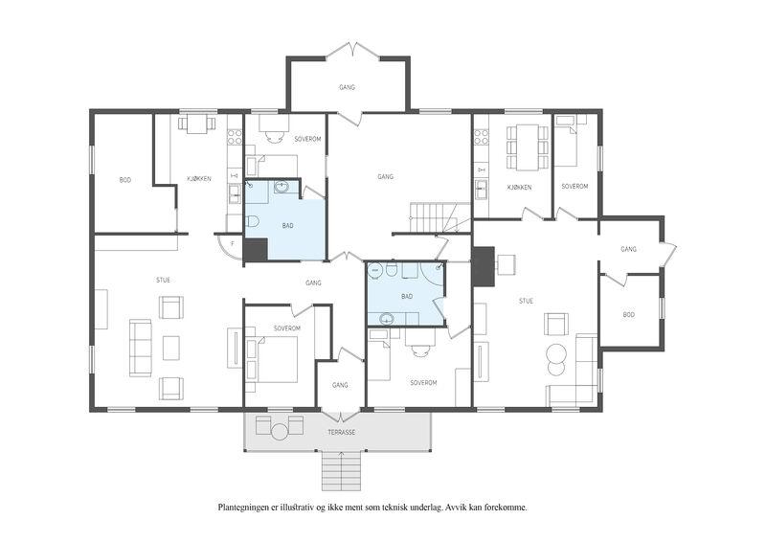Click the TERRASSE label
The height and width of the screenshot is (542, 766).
341,433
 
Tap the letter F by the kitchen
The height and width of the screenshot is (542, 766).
233,243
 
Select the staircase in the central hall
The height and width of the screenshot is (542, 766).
434,217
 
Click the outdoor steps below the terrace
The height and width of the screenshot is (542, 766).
341,471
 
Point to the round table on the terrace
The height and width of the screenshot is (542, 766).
280,432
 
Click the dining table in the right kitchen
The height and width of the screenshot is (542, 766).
527,147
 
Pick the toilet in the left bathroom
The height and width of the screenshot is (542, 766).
251,223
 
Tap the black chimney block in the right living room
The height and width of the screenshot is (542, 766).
484,267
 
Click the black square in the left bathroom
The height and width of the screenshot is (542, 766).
256,250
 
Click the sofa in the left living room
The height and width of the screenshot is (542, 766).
140,348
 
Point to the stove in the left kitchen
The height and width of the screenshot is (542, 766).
235,136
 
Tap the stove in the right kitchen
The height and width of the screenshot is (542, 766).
482,136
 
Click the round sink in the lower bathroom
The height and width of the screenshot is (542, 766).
387,319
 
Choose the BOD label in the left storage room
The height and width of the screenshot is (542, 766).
125,180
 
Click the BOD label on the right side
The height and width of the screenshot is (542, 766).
629,315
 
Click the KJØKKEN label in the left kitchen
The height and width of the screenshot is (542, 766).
199,179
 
